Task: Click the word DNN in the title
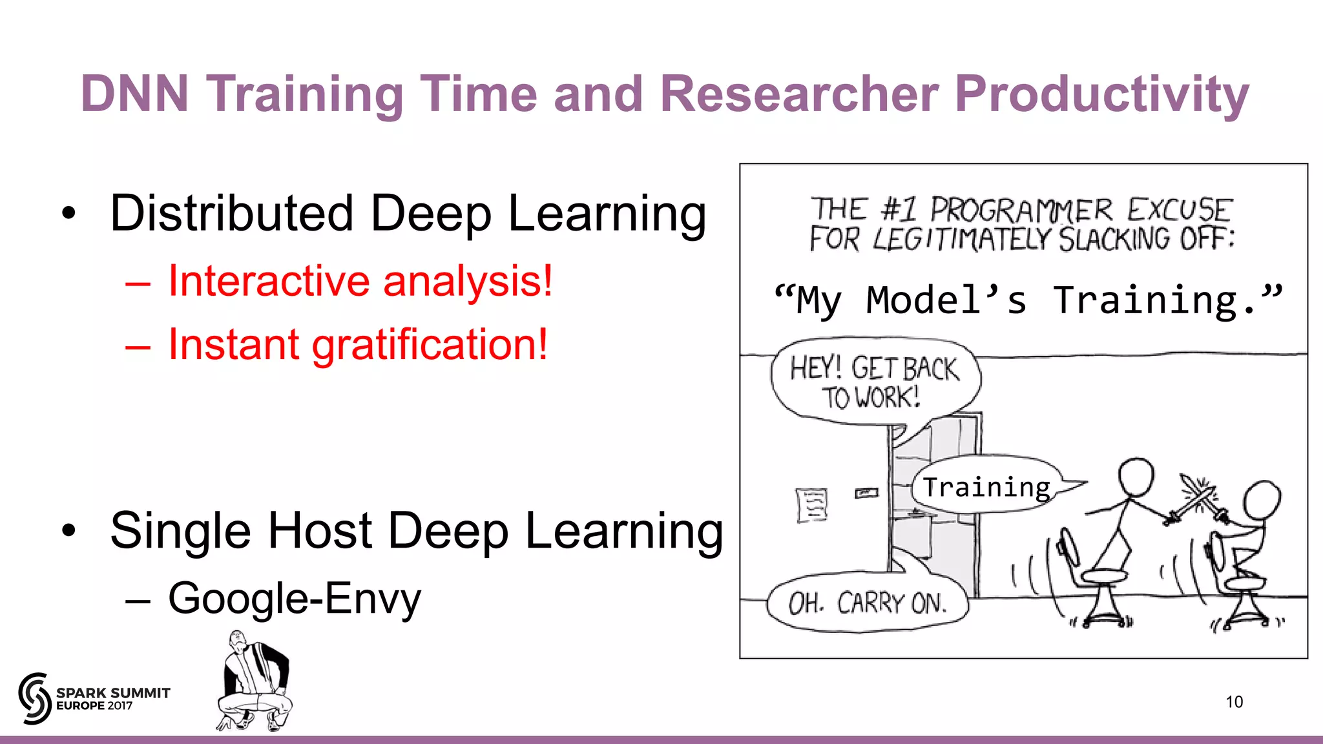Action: pos(134,94)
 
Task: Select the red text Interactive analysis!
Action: pos(360,282)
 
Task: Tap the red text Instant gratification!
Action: pos(357,344)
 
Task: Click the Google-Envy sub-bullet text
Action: pos(294,599)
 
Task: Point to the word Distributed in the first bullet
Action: pos(231,213)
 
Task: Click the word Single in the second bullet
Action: pos(180,531)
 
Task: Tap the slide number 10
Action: pos(1234,702)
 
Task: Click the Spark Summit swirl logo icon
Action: pos(34,698)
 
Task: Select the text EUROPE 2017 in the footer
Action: pos(94,706)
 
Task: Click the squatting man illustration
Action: pos(255,683)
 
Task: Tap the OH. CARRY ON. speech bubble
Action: pos(868,603)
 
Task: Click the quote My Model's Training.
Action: pos(1027,301)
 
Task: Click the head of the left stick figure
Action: pos(1136,477)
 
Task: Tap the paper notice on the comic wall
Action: pos(811,504)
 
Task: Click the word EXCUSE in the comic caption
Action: pos(1180,211)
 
